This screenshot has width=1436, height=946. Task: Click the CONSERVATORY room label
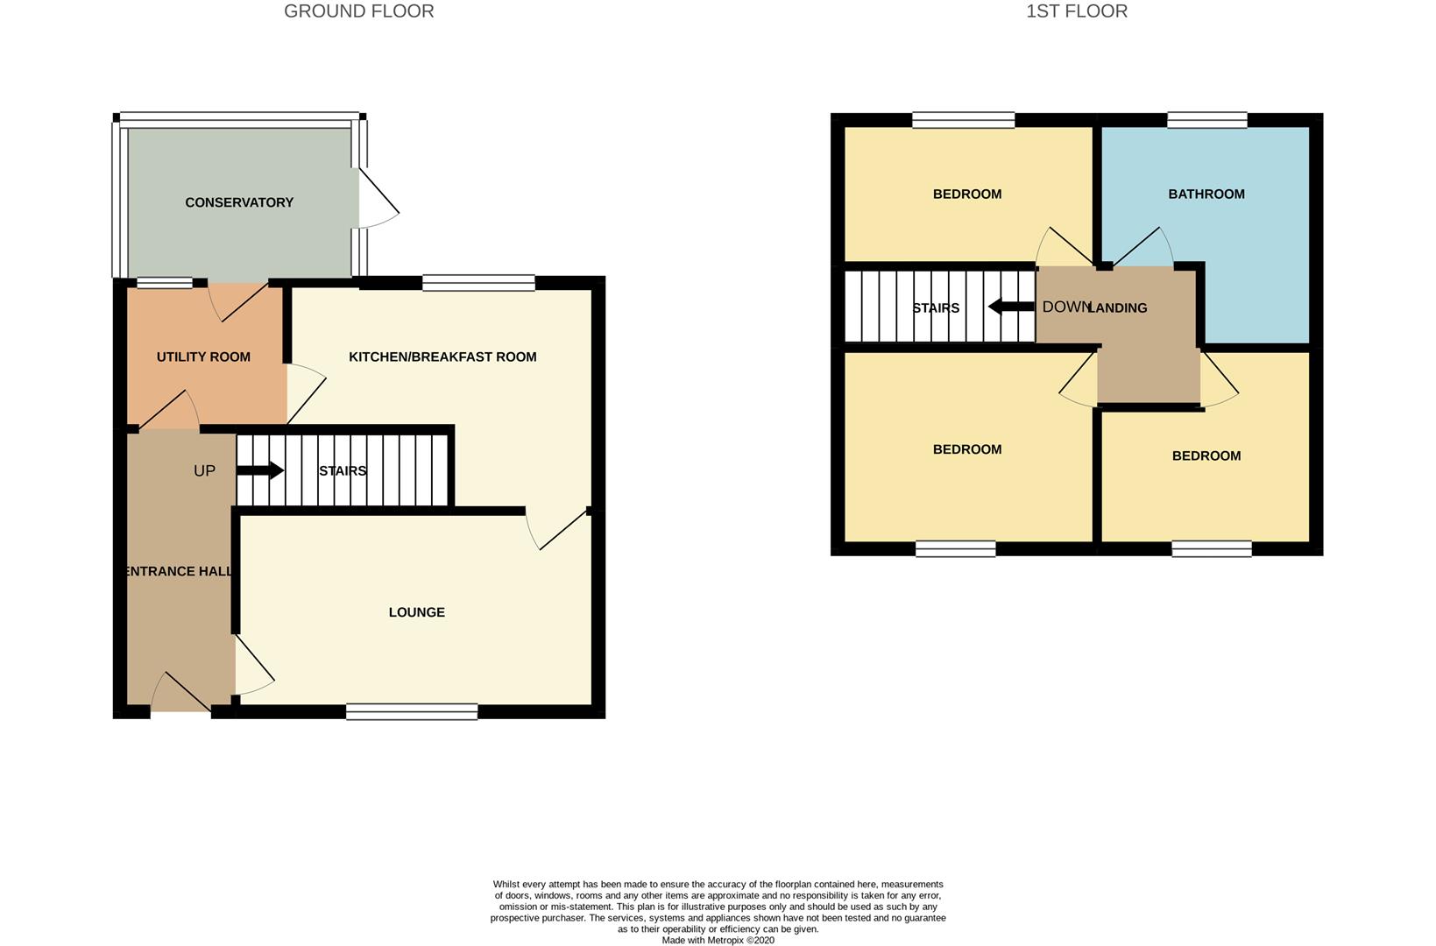pyautogui.click(x=239, y=202)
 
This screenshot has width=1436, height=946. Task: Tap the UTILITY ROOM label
pyautogui.click(x=203, y=357)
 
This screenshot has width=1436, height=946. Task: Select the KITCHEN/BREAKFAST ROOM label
pyautogui.click(x=442, y=357)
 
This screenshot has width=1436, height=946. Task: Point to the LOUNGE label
pyautogui.click(x=417, y=612)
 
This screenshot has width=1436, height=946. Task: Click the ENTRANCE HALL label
pyautogui.click(x=178, y=571)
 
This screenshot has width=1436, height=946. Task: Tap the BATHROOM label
pyautogui.click(x=1206, y=194)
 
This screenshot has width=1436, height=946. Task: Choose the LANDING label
pyautogui.click(x=1118, y=307)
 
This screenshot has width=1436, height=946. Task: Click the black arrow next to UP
pyautogui.click(x=260, y=470)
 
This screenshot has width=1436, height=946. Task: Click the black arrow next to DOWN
pyautogui.click(x=1012, y=307)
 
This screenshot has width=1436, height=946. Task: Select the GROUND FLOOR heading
pyautogui.click(x=359, y=11)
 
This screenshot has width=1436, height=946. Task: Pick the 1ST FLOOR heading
pyautogui.click(x=1077, y=11)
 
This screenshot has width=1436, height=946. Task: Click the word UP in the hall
pyautogui.click(x=204, y=471)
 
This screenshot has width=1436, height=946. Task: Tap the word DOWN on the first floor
pyautogui.click(x=1066, y=307)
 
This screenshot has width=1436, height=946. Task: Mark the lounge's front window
pyautogui.click(x=412, y=711)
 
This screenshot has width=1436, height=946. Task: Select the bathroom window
pyautogui.click(x=1207, y=120)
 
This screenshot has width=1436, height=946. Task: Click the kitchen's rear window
pyautogui.click(x=479, y=283)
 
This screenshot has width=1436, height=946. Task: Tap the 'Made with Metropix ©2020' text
pyautogui.click(x=718, y=940)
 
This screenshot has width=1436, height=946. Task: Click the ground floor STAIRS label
pyautogui.click(x=343, y=471)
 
